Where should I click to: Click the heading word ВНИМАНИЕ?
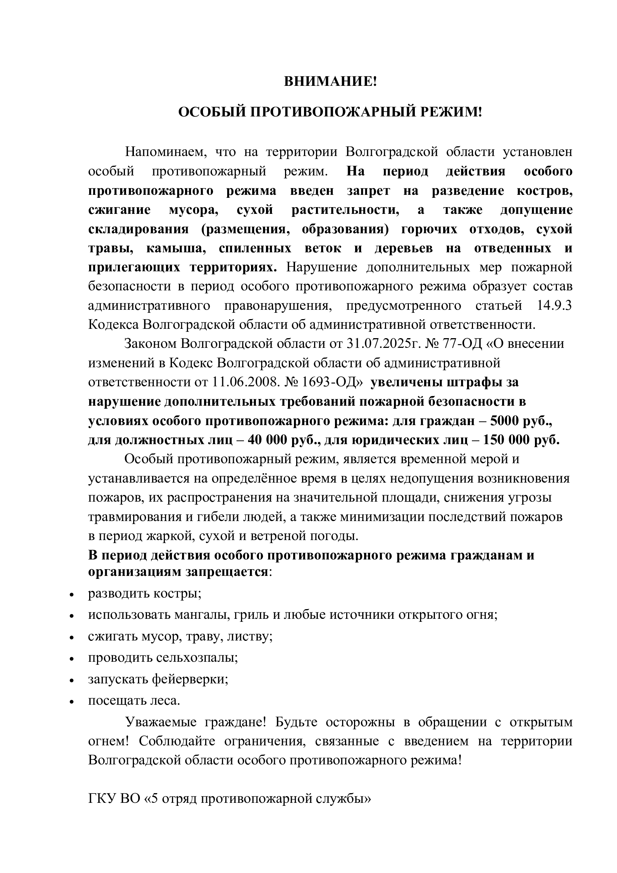coord(330,81)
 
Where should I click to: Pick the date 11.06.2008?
coord(245,382)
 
